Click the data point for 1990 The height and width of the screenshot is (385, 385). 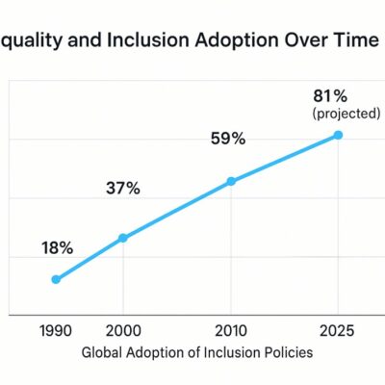(56, 279)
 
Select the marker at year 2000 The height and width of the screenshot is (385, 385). (123, 238)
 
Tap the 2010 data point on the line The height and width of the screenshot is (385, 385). (231, 181)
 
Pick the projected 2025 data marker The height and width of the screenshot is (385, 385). (338, 135)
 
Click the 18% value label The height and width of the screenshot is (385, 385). (58, 248)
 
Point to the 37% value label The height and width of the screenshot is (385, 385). (123, 188)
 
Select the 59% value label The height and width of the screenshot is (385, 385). (228, 139)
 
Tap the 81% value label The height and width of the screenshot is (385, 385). (330, 96)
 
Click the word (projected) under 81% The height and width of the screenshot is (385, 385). (346, 114)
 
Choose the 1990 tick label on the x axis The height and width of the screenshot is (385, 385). (56, 331)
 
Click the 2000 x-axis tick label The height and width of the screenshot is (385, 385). (123, 331)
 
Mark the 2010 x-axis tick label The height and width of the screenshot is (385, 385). (231, 331)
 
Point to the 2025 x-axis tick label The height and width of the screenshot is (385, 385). (337, 331)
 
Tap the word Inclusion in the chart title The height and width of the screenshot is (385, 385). (148, 40)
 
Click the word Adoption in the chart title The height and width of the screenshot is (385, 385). (237, 41)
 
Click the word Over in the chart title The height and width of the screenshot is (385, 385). (306, 40)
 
